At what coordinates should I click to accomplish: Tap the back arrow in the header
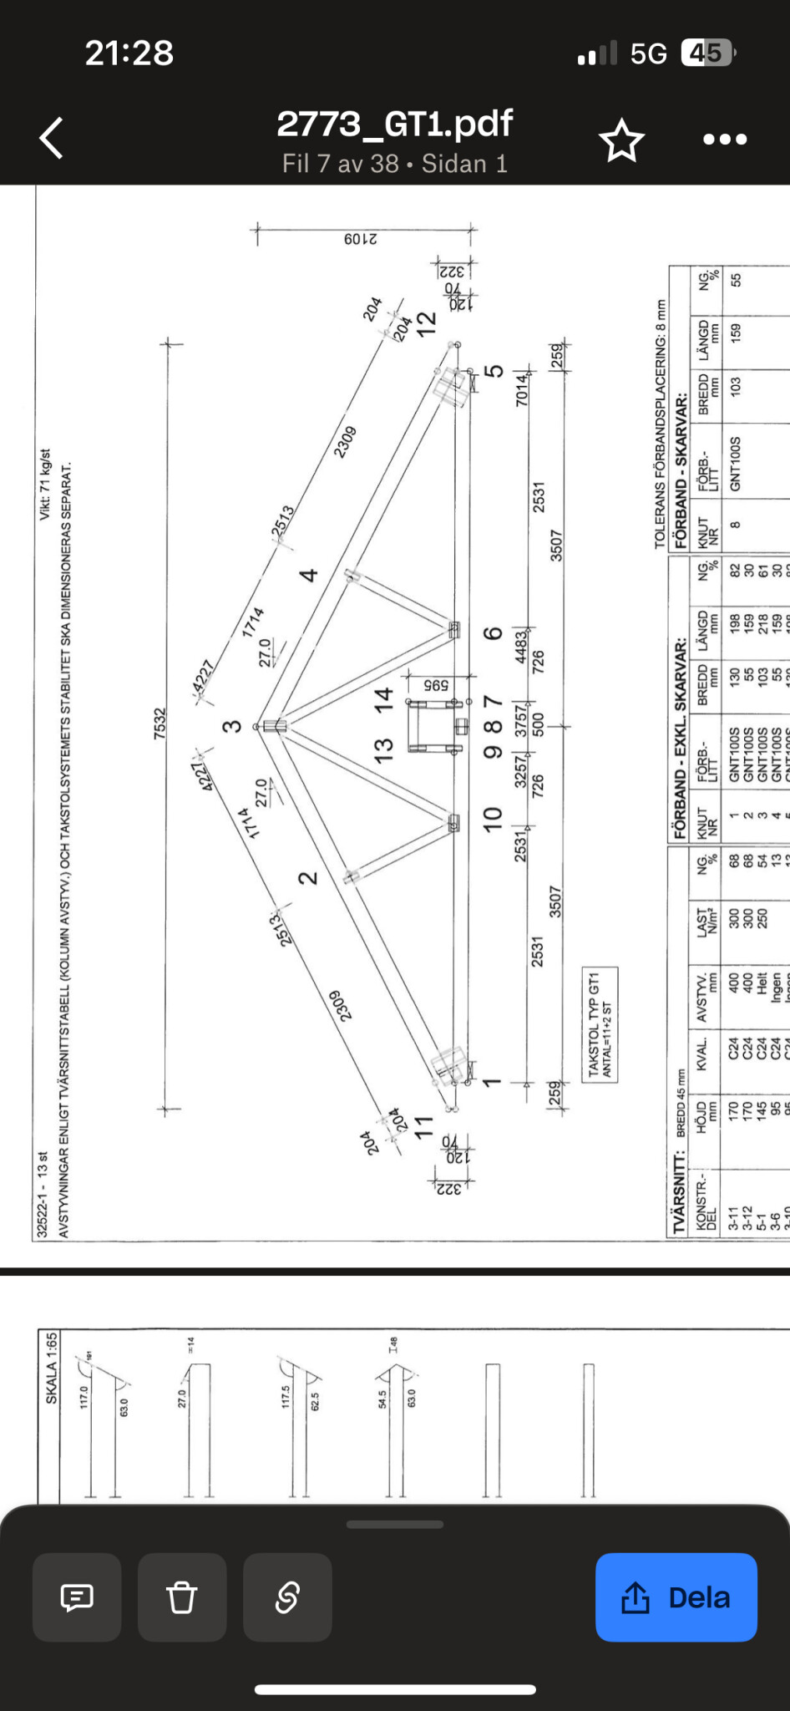click(52, 138)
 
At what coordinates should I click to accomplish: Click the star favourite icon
click(622, 140)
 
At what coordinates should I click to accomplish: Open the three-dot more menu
click(724, 140)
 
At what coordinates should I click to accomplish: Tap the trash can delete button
click(182, 1597)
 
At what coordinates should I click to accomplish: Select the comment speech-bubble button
click(77, 1597)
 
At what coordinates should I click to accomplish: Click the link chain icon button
click(287, 1597)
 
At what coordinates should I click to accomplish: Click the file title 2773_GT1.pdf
click(394, 124)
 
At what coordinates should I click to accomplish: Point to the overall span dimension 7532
click(160, 723)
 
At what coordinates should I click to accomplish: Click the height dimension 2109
click(361, 239)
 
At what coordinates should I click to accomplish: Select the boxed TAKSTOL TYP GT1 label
click(600, 1024)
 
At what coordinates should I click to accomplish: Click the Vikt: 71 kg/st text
click(45, 484)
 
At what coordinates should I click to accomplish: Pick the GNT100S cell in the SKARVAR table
click(736, 464)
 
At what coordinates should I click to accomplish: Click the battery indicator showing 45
click(706, 53)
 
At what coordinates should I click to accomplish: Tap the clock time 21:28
click(129, 53)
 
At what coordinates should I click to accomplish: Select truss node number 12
click(427, 322)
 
